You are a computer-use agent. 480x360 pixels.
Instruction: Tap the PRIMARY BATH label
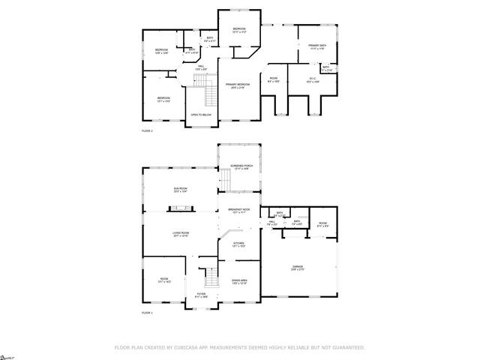[x=317, y=46]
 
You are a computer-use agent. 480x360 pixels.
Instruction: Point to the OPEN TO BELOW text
[x=200, y=115]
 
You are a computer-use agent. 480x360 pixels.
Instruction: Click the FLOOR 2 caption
[x=147, y=130]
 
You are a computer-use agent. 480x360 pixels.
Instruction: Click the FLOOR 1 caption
[x=147, y=312]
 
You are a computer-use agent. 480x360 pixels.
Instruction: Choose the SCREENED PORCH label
[x=241, y=168]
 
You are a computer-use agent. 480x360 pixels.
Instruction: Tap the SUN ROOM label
[x=180, y=190]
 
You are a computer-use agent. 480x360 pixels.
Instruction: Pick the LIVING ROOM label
[x=180, y=235]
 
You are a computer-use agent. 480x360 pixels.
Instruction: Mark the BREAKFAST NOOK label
[x=241, y=211]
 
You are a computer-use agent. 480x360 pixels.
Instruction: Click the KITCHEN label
[x=238, y=244]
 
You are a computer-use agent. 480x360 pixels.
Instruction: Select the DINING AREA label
[x=239, y=281]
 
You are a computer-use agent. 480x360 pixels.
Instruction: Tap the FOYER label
[x=201, y=295]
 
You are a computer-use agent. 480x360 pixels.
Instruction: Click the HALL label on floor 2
[x=201, y=68]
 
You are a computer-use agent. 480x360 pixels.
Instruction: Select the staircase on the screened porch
[x=224, y=180]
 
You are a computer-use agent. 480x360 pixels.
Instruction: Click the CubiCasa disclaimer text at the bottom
[x=239, y=348]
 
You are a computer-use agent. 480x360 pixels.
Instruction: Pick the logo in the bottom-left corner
[x=7, y=355]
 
